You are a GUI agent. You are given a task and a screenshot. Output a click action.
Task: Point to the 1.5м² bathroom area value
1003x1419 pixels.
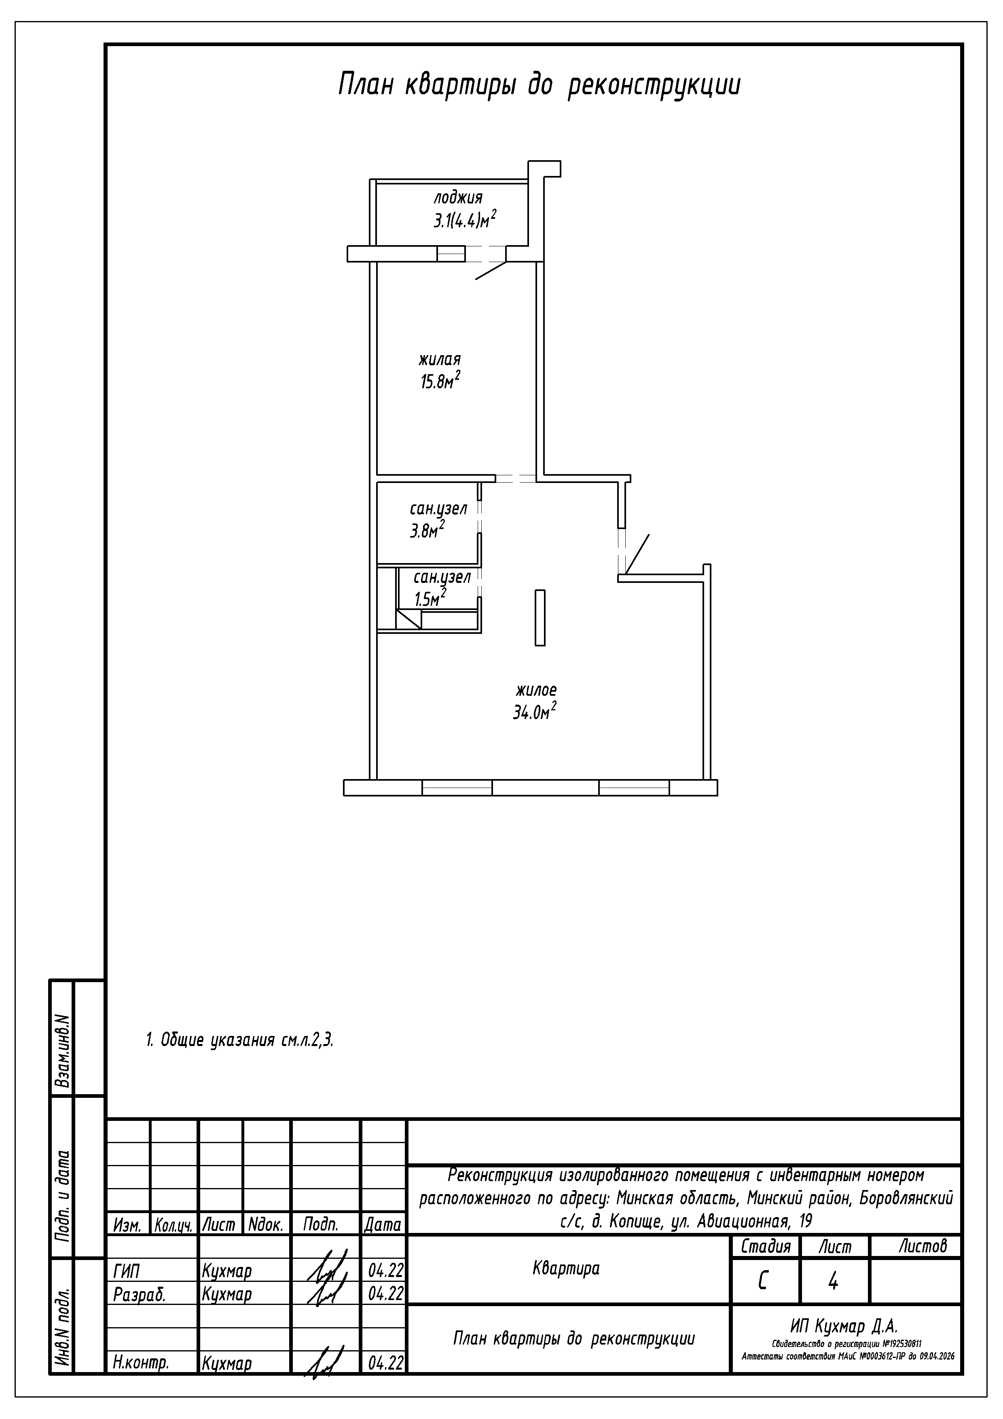(430, 597)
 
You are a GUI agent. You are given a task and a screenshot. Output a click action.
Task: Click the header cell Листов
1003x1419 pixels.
(923, 1245)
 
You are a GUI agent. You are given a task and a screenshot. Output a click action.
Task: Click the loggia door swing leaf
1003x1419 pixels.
(491, 271)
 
